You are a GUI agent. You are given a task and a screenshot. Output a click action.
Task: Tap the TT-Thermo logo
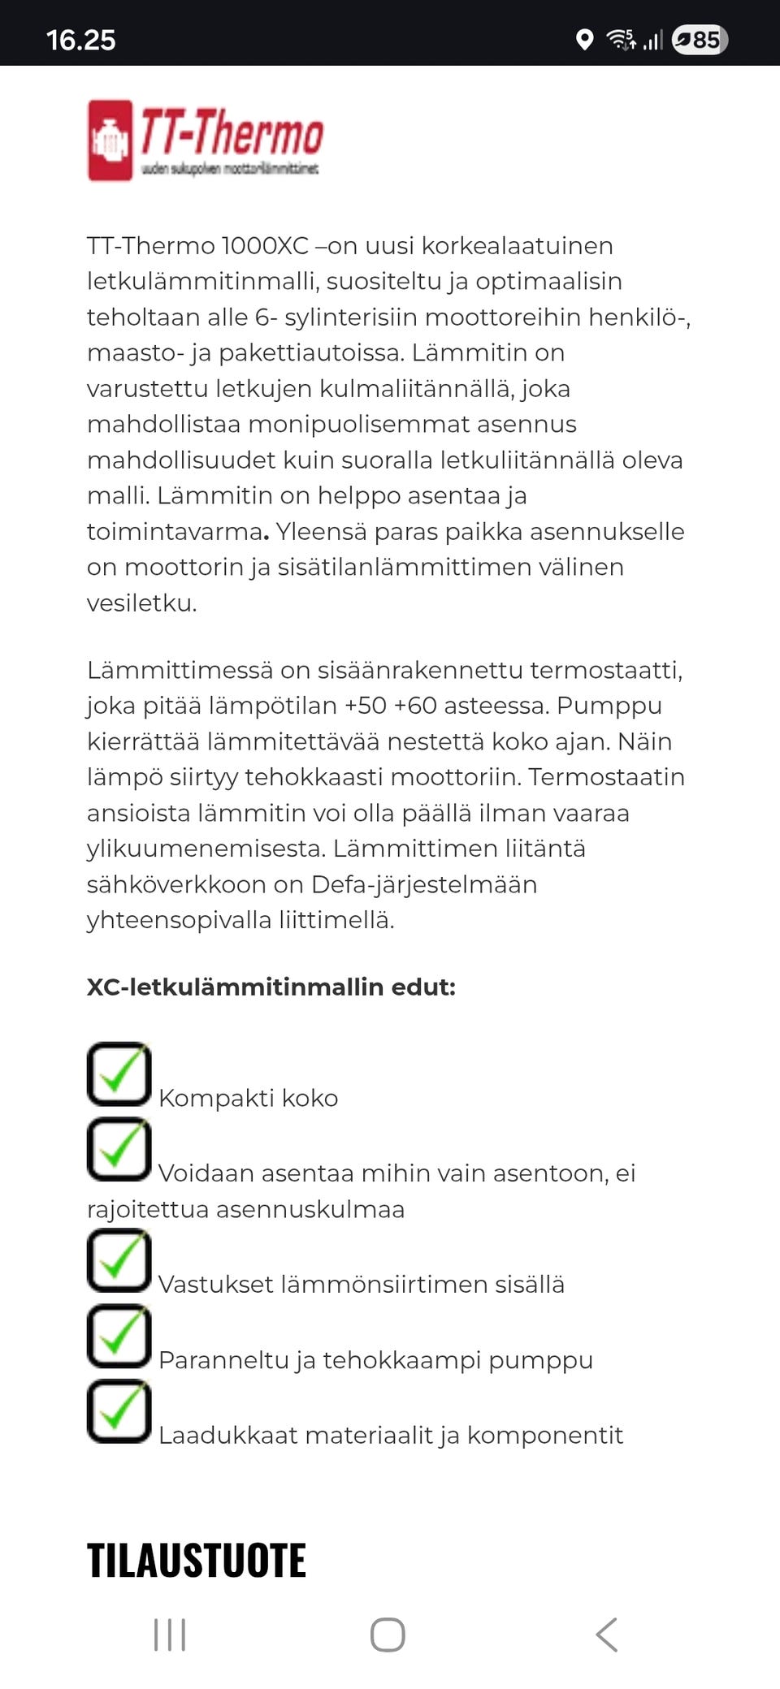[x=205, y=140]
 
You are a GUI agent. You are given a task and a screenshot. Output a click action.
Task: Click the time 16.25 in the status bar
[x=80, y=40]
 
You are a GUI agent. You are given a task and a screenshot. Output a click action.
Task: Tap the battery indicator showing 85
[x=700, y=40]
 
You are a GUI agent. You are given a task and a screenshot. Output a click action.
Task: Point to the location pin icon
[x=583, y=40]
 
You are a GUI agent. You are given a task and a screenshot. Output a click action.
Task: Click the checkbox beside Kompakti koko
[x=119, y=1074]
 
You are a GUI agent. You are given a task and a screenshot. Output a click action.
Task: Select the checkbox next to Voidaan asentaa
[x=119, y=1150]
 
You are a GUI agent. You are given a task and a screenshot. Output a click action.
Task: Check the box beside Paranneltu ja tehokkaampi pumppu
[x=119, y=1337]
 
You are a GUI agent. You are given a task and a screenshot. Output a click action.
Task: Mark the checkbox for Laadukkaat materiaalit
[x=119, y=1412]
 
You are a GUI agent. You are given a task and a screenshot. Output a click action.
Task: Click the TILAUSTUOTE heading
[x=197, y=1561]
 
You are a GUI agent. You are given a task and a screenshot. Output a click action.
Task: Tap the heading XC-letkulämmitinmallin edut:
[x=271, y=987]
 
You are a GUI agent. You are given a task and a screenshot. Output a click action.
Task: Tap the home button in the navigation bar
[x=388, y=1635]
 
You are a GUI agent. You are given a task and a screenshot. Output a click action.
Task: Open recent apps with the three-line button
[x=170, y=1635]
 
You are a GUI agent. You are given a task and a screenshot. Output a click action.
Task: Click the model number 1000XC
[x=264, y=246]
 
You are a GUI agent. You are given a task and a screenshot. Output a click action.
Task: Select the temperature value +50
[x=366, y=706]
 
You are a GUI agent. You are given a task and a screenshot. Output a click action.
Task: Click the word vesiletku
[x=141, y=603]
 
